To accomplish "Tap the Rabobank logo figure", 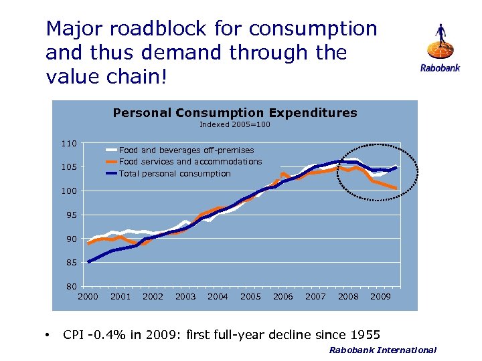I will pos(440,42).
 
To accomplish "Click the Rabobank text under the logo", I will pos(440,68).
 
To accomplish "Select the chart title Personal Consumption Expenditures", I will pos(235,113).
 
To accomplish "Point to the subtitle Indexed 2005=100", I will pos(235,124).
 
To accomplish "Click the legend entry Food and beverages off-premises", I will pos(186,150).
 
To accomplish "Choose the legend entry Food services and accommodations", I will pos(190,162).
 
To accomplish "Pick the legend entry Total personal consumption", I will pos(175,174).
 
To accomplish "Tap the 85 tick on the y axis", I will pos(70,263).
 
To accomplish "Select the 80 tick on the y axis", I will pos(70,287).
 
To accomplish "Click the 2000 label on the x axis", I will pos(88,296).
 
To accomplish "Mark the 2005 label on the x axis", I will pos(250,296).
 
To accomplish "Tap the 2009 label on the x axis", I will pos(380,296).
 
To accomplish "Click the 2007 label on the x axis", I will pos(315,296).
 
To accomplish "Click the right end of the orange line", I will pos(397,189).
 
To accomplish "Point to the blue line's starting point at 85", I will pos(89,261).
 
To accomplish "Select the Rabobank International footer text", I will pos(382,350).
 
